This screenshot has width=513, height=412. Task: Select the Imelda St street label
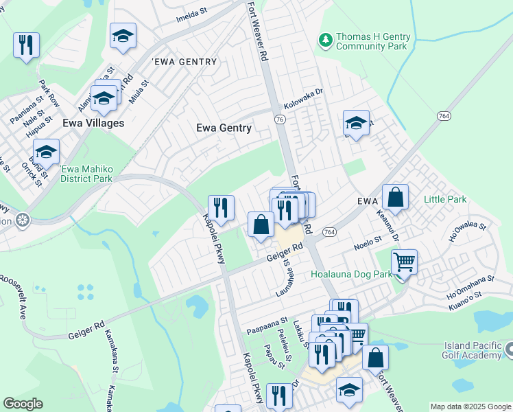[191, 13]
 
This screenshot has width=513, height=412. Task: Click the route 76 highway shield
[279, 119]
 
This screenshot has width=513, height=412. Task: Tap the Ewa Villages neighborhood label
[93, 123]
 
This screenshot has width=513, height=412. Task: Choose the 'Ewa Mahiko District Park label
[86, 174]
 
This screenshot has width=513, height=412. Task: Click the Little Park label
[444, 200]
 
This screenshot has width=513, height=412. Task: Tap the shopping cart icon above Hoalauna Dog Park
[404, 262]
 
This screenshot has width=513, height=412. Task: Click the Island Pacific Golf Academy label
[473, 350]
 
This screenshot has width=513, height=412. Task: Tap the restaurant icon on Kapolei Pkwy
[221, 207]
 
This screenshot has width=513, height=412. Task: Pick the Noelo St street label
[367, 242]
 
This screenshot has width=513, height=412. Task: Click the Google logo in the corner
[23, 404]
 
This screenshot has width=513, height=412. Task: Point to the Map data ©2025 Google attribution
[470, 407]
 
